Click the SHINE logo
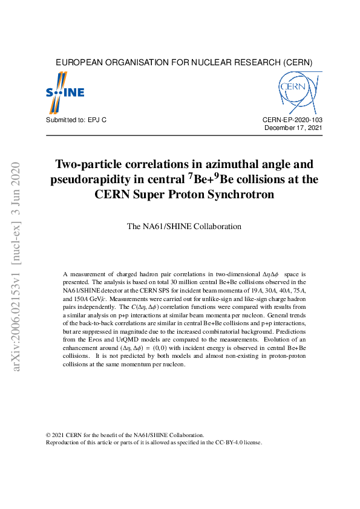65,92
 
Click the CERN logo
299,92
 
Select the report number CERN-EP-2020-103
292,121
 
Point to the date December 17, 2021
293,128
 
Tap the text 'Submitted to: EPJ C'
76,121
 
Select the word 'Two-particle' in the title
88,164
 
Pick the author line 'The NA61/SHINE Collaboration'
184,227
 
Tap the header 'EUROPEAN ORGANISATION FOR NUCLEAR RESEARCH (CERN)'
184,62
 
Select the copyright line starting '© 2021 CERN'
125,435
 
